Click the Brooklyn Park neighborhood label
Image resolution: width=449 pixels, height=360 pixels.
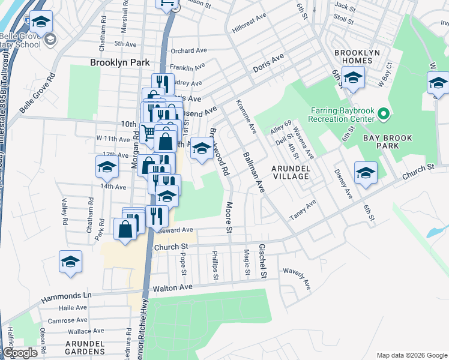pos(119,62)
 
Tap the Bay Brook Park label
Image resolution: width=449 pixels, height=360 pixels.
pos(388,142)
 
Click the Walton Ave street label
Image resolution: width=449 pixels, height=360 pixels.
pos(172,288)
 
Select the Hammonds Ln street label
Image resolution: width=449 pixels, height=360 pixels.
pos(66,296)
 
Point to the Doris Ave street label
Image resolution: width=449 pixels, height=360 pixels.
pos(268,64)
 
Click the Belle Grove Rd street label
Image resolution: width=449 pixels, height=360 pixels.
pos(37,93)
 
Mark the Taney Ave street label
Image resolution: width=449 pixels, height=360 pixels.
pos(303,211)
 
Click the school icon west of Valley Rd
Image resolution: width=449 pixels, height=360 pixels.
pos(70,262)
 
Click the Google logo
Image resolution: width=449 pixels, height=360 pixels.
pos(19,353)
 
